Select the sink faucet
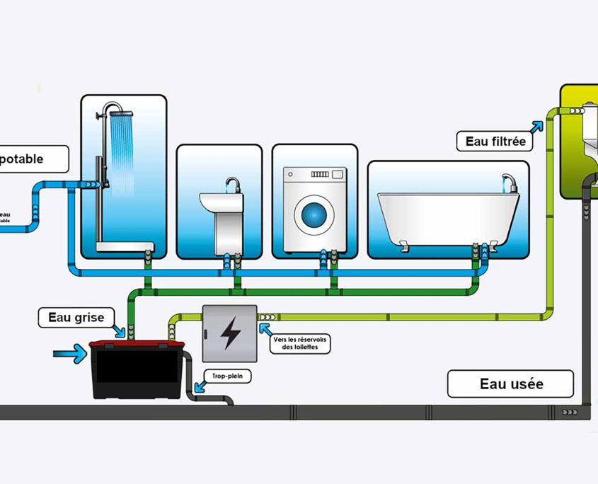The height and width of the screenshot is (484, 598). [231, 185]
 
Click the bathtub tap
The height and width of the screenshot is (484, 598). [508, 182]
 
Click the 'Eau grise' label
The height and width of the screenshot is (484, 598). [76, 318]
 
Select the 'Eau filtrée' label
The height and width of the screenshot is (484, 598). [495, 141]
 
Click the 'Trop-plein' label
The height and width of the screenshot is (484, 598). [227, 377]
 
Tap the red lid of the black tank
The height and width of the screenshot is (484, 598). [136, 345]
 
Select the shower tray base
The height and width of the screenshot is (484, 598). [125, 246]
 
